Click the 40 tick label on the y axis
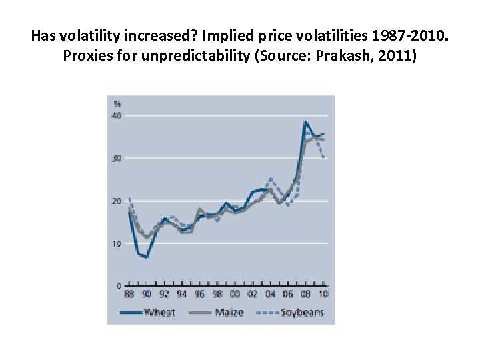[x=117, y=115]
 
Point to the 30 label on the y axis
[x=117, y=158]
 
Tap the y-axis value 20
[x=117, y=201]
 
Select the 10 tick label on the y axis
[x=117, y=243]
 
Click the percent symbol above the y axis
[x=117, y=103]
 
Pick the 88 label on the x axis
[x=129, y=295]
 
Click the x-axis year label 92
[x=163, y=295]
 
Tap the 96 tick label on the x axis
[x=199, y=295]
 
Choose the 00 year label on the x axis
[x=235, y=295]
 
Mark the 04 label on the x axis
[x=270, y=295]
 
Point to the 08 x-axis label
[x=305, y=295]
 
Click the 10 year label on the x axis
[x=323, y=295]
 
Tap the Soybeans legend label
[x=302, y=312]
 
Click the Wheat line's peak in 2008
[x=305, y=121]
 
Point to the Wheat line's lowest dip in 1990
[x=146, y=257]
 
